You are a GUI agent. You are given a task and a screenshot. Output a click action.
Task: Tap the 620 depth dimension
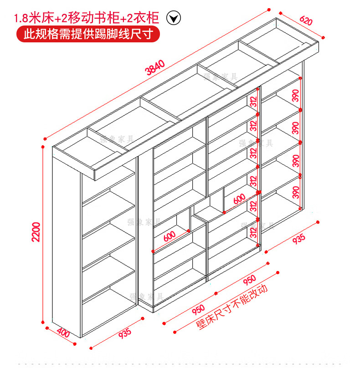coord(307,21)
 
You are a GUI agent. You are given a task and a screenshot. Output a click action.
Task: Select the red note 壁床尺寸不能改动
coord(231,307)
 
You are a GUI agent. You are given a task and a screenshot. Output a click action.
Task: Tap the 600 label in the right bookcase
coord(239,199)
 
